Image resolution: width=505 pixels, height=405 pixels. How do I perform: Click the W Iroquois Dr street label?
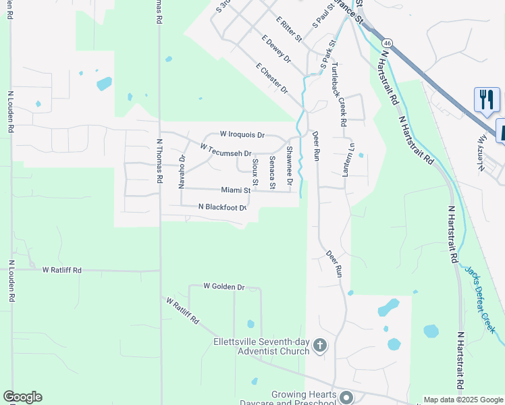pos(242,135)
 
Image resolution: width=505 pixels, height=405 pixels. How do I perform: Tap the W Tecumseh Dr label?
pos(225,150)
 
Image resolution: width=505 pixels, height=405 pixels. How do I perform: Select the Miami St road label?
pos(236,190)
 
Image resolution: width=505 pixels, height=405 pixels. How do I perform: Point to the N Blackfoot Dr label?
pos(222,207)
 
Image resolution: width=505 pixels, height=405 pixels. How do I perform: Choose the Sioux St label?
pos(255,172)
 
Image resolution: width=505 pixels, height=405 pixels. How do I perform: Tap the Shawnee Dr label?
pos(289,166)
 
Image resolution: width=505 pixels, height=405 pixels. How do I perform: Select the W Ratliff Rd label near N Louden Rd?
pos(61,270)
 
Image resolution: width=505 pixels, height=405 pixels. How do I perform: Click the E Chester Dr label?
pos(271,79)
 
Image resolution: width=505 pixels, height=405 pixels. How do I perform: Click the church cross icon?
pos(320,347)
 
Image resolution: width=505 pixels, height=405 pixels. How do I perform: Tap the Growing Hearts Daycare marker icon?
pos(346,398)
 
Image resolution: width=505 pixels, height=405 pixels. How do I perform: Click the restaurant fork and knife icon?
pos(486,100)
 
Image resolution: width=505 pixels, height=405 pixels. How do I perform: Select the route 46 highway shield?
pos(388,43)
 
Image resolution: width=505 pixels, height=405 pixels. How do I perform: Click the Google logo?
pos(22,397)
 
